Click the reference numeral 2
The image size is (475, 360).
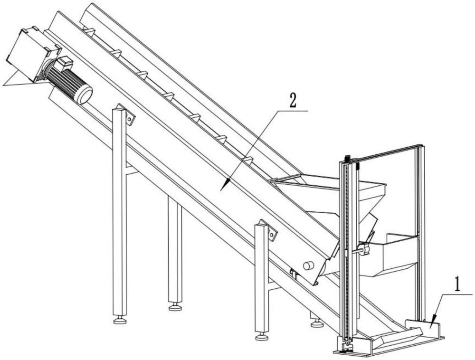[293, 101]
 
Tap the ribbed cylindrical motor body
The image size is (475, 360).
[66, 81]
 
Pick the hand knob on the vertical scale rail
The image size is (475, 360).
[364, 249]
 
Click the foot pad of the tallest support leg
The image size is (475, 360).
[120, 321]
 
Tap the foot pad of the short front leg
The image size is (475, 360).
[261, 337]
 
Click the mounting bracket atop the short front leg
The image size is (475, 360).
[270, 231]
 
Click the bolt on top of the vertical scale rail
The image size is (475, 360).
[348, 158]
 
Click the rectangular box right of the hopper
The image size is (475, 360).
[394, 254]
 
